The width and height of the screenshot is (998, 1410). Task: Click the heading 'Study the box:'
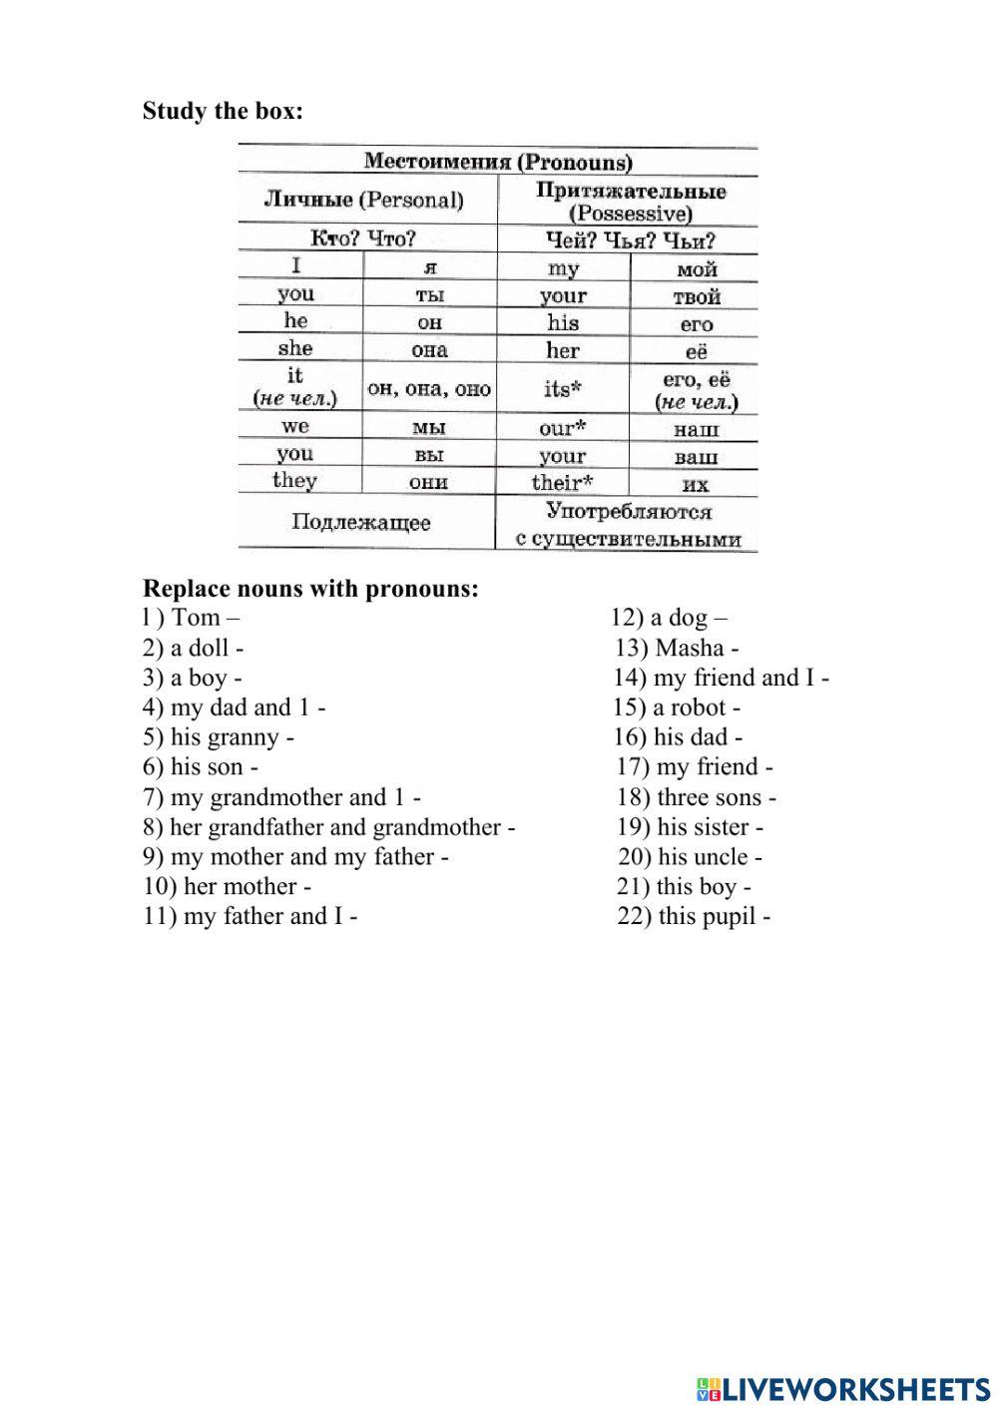pyautogui.click(x=223, y=111)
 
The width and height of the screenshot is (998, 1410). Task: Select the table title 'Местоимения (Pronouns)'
pyautogui.click(x=497, y=162)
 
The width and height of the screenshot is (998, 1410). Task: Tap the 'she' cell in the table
pyautogui.click(x=295, y=348)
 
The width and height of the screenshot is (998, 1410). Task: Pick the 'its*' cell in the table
pyautogui.click(x=563, y=388)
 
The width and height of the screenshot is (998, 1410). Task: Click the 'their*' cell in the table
pyautogui.click(x=563, y=483)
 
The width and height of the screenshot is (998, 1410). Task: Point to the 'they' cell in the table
pyautogui.click(x=295, y=481)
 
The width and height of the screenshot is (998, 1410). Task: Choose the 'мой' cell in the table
pyautogui.click(x=696, y=269)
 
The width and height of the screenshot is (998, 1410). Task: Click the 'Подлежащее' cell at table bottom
pyautogui.click(x=361, y=523)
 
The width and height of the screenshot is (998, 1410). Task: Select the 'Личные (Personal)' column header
pyautogui.click(x=363, y=200)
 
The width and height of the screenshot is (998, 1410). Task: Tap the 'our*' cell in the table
pyautogui.click(x=563, y=429)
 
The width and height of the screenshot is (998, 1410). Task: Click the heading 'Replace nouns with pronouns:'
pyautogui.click(x=310, y=589)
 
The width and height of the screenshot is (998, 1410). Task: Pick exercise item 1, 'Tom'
pyautogui.click(x=192, y=618)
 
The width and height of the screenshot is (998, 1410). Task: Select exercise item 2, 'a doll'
pyautogui.click(x=194, y=648)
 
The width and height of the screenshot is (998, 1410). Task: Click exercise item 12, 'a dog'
pyautogui.click(x=670, y=618)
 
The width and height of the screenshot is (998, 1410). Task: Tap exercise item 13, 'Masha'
pyautogui.click(x=678, y=648)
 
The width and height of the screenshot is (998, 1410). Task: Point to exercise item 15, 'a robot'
pyautogui.click(x=678, y=707)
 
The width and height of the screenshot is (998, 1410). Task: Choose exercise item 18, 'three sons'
pyautogui.click(x=697, y=797)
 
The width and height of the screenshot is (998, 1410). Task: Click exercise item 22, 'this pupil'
pyautogui.click(x=694, y=916)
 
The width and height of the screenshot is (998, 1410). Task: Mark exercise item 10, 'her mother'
pyautogui.click(x=228, y=886)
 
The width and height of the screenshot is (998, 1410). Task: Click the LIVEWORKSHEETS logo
pyautogui.click(x=844, y=1388)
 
